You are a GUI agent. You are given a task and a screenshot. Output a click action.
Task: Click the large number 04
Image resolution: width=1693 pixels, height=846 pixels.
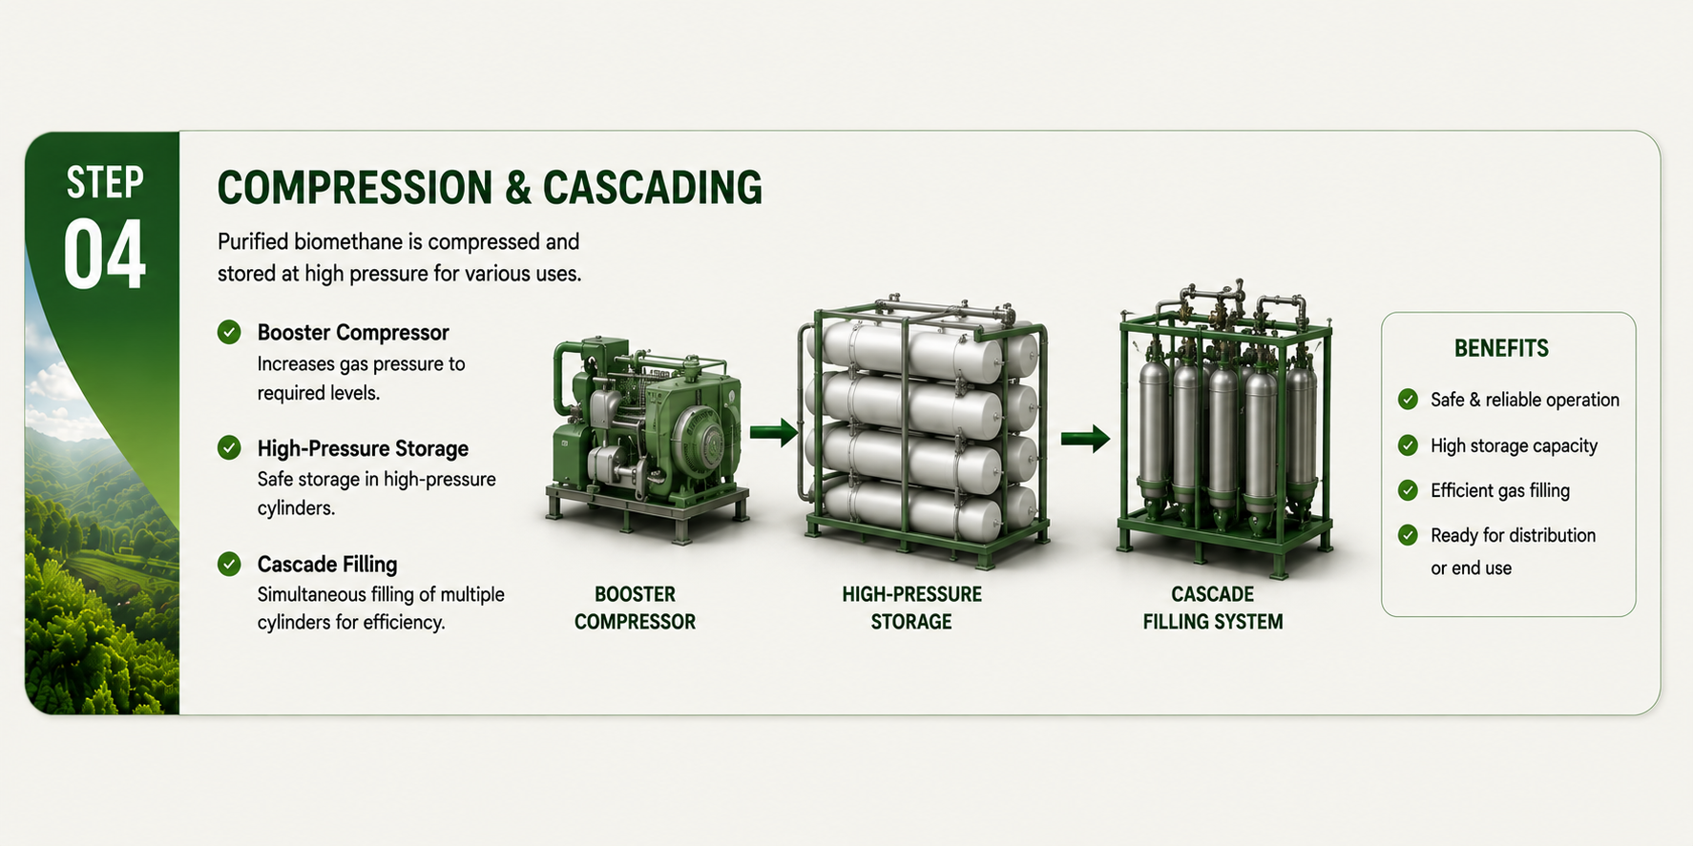[105, 255]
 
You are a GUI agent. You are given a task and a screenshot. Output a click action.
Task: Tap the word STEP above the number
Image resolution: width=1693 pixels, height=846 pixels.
[105, 182]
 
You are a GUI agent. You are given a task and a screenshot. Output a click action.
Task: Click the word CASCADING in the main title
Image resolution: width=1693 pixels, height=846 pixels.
[653, 187]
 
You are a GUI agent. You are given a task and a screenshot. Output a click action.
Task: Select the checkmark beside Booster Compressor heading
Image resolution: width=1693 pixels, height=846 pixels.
[229, 332]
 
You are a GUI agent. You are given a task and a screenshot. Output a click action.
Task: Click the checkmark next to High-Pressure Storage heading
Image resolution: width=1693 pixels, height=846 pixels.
[229, 447]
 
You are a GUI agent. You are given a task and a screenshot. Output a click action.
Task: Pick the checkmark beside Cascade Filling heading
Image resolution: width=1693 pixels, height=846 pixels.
[229, 564]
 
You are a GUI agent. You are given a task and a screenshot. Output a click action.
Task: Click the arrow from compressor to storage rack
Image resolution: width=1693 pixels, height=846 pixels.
[773, 432]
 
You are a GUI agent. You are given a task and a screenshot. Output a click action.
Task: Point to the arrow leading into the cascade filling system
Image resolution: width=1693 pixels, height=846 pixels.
[1086, 439]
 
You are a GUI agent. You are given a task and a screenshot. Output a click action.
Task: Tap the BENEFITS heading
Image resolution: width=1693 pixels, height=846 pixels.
[1501, 348]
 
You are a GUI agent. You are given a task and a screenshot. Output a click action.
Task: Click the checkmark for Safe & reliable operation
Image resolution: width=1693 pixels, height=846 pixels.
[1408, 400]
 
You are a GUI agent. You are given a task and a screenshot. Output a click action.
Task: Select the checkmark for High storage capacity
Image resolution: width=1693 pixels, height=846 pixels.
[1408, 445]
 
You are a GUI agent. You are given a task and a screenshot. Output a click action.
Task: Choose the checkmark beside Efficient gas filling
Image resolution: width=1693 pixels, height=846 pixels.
[1408, 490]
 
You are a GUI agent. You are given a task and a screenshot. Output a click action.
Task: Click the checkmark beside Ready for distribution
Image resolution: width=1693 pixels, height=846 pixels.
[1408, 535]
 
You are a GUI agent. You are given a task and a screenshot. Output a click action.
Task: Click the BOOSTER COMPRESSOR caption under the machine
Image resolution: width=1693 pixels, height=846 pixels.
[635, 608]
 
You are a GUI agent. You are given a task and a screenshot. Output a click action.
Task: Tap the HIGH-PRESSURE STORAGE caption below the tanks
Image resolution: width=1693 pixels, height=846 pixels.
[911, 608]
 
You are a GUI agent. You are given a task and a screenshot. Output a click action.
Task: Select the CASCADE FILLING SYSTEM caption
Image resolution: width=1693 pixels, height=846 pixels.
[1213, 608]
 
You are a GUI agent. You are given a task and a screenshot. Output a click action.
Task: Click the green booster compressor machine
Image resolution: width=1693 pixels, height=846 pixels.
[647, 439]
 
